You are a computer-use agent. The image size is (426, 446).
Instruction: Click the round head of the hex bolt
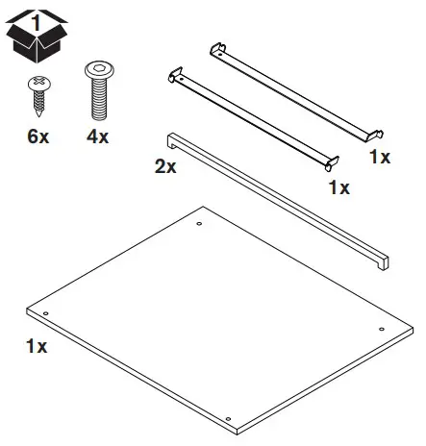pyautogui.click(x=97, y=71)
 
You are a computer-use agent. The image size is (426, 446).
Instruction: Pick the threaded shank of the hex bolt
pyautogui.click(x=97, y=100)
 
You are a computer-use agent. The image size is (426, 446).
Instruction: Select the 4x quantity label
pyautogui.click(x=96, y=137)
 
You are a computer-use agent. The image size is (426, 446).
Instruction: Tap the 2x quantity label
pyautogui.click(x=165, y=167)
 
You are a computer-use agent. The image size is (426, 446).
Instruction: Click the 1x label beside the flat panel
pyautogui.click(x=37, y=343)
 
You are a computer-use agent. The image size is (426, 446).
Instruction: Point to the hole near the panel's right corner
pyautogui.click(x=382, y=329)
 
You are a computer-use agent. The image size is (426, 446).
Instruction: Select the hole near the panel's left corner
pyautogui.click(x=45, y=314)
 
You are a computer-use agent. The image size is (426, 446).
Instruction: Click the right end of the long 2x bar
pyautogui.click(x=384, y=260)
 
